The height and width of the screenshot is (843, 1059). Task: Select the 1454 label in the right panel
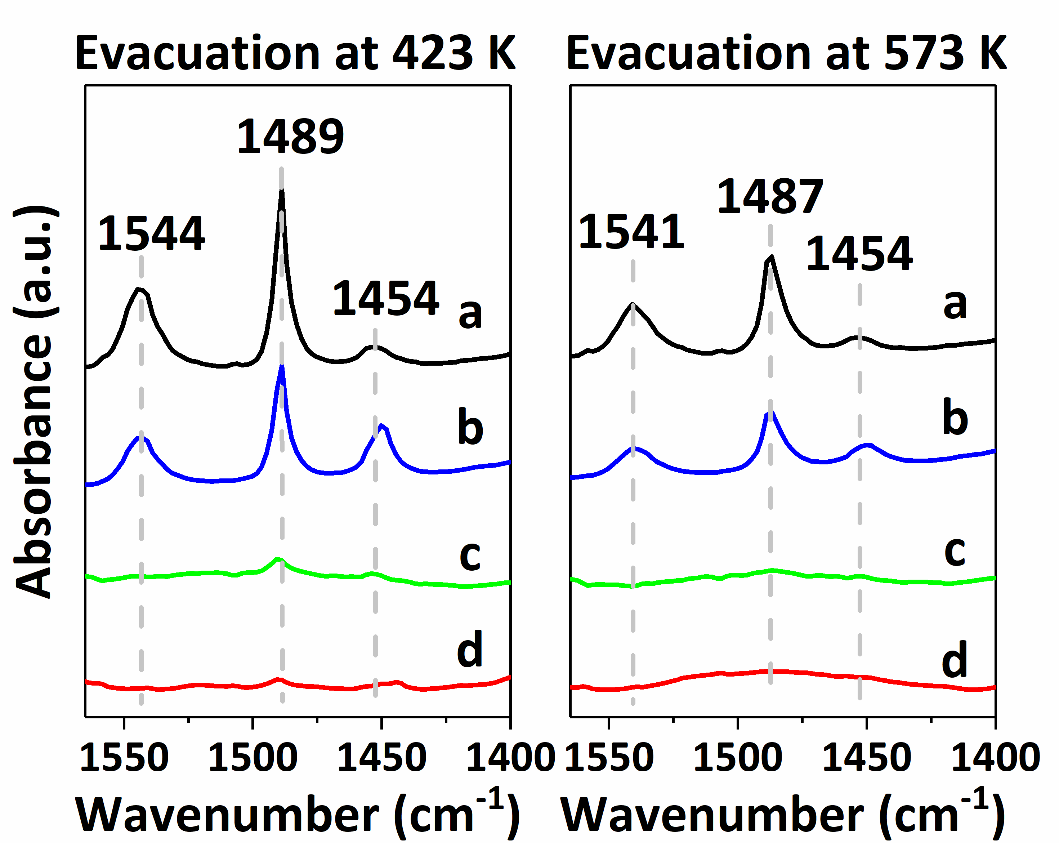click(x=859, y=254)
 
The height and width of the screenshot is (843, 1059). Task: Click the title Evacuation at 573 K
click(x=786, y=53)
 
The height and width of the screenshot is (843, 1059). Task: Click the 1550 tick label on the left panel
click(x=124, y=758)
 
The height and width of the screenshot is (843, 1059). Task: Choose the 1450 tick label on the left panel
click(x=382, y=758)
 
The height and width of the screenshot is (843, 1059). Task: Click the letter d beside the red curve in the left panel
click(x=470, y=650)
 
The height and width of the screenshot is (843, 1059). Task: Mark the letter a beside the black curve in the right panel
click(x=955, y=304)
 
